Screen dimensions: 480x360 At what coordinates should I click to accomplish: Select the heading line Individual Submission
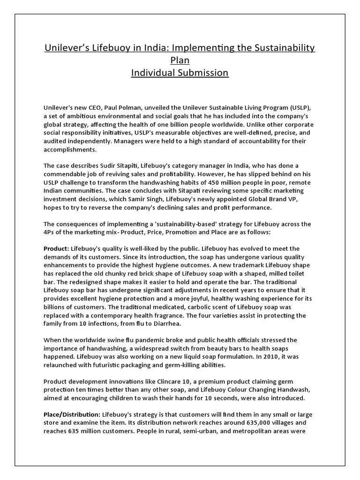point(180,73)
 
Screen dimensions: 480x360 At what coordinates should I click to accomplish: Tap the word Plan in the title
point(180,60)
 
